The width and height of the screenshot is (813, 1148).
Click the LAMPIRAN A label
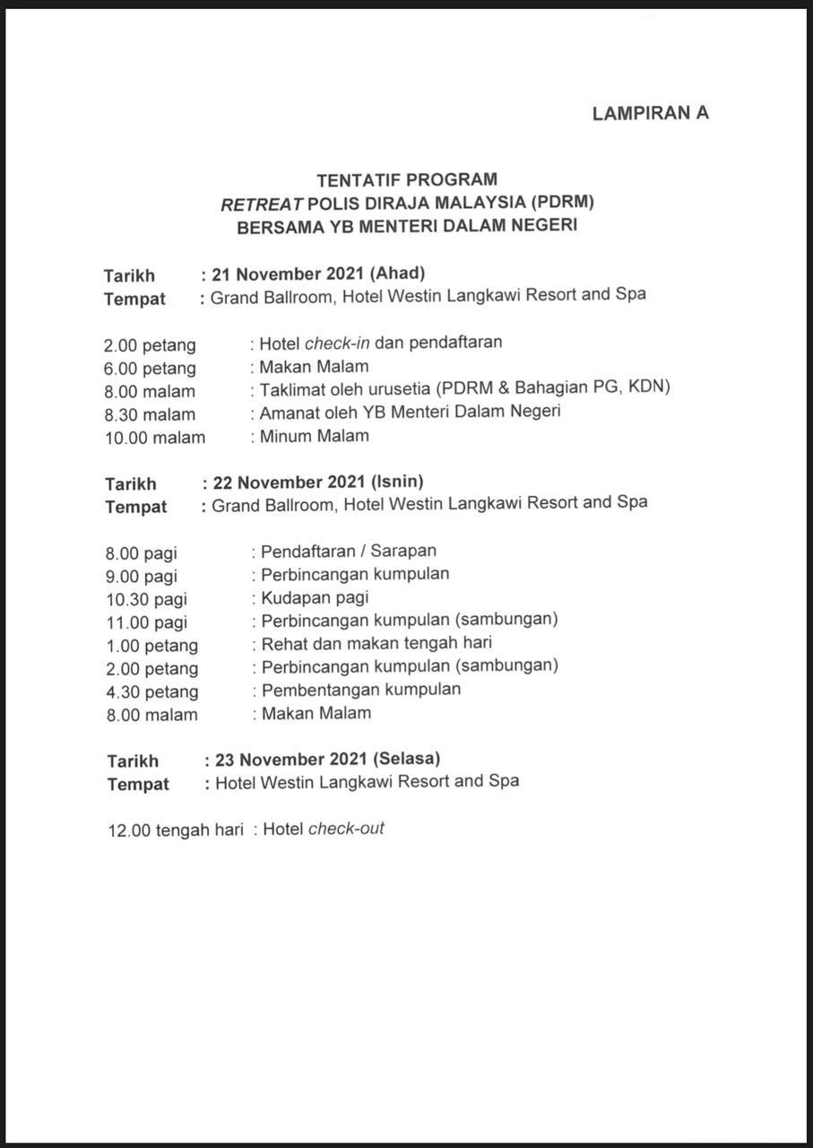(x=650, y=113)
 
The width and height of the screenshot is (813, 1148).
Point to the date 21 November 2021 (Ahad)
(x=317, y=273)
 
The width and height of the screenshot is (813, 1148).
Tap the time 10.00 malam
(x=154, y=438)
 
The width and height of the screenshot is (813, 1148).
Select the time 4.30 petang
(x=151, y=691)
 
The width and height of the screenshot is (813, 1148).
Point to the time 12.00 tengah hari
(x=176, y=831)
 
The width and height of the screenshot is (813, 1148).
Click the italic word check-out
(x=346, y=829)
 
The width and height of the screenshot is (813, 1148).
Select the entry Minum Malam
(x=314, y=437)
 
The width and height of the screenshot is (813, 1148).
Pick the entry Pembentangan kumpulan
(x=360, y=690)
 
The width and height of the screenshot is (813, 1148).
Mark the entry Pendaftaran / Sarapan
(x=349, y=551)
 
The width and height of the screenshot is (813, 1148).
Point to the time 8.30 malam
(x=150, y=414)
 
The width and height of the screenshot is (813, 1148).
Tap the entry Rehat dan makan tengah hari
(x=376, y=643)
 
